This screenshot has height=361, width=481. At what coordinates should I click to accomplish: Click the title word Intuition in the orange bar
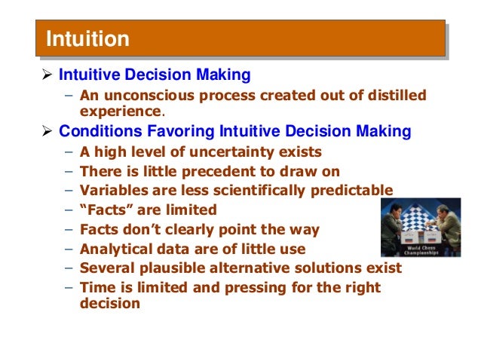coord(87,38)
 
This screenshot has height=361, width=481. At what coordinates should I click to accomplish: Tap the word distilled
coord(389,96)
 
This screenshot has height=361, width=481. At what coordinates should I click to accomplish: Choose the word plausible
coord(167,268)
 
